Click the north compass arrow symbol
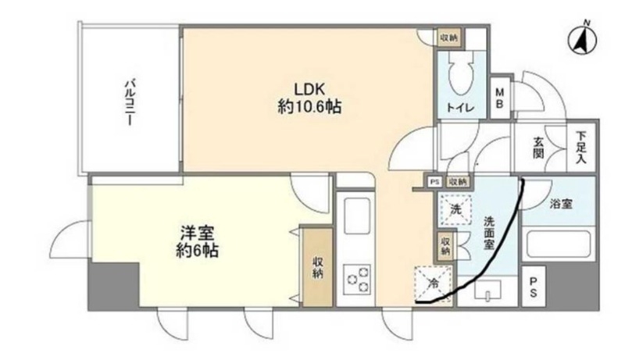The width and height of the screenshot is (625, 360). point(580,39)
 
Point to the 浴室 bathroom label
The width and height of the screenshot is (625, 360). point(561,205)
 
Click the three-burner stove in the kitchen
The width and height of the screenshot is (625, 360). point(357,279)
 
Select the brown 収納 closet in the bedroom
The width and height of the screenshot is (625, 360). point(318,266)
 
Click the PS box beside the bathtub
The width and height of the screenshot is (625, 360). point(533,287)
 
